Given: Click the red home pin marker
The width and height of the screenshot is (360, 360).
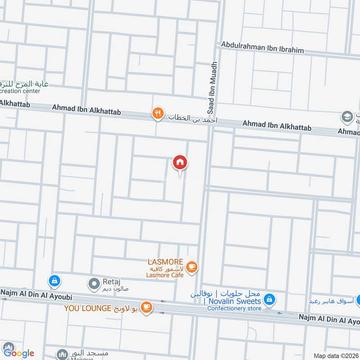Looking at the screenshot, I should [180, 163].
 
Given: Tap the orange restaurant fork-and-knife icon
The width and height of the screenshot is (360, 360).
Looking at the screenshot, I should [157, 113].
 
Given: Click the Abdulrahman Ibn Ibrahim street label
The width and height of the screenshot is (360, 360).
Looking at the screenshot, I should [262, 50].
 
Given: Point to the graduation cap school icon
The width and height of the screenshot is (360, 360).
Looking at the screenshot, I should [347, 117].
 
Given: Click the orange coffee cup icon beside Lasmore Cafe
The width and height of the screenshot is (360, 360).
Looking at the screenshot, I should [192, 267].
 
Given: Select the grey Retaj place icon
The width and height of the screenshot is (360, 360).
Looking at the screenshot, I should [94, 283].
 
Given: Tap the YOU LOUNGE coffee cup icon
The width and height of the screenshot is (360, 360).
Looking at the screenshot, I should [146, 307].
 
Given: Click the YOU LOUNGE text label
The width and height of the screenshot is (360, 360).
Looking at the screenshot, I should [87, 308].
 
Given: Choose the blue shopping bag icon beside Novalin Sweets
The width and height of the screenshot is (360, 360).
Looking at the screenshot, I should [269, 299].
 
